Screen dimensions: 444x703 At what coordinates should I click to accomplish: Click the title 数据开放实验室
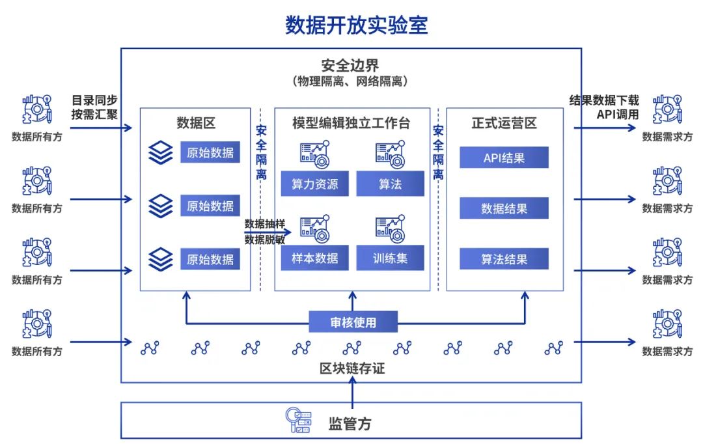tap(356, 24)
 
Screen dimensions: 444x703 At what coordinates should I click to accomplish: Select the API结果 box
tap(504, 158)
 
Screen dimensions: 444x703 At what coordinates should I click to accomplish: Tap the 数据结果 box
tap(504, 208)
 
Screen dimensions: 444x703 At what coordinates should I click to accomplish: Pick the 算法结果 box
tap(504, 259)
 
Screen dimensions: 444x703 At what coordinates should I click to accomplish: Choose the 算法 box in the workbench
tap(390, 184)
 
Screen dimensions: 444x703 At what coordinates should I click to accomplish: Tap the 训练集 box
tap(390, 258)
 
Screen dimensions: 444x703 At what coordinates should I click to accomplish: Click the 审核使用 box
tap(352, 321)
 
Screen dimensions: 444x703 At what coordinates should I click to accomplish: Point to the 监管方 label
tap(350, 424)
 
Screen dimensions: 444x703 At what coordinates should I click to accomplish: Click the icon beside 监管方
tap(299, 421)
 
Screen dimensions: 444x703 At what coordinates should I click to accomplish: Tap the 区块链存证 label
tap(352, 368)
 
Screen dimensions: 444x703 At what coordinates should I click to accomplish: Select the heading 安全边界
tap(350, 66)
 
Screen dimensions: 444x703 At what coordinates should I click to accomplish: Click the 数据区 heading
tap(196, 122)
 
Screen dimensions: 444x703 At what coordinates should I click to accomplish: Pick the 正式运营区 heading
tap(504, 122)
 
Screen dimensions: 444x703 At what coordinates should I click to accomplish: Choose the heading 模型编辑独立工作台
tap(351, 122)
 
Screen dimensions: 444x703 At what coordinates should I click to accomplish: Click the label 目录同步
tap(94, 100)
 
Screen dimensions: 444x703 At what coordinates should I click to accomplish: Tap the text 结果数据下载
tap(604, 100)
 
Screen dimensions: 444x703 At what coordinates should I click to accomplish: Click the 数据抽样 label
tap(264, 223)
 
